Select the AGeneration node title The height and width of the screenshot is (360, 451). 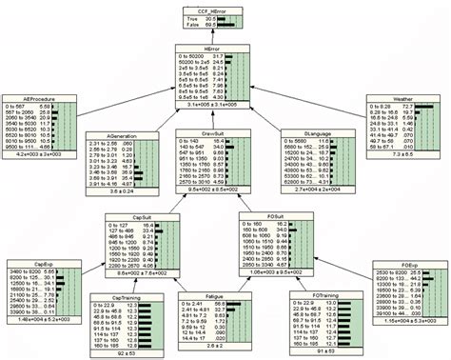117,135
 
